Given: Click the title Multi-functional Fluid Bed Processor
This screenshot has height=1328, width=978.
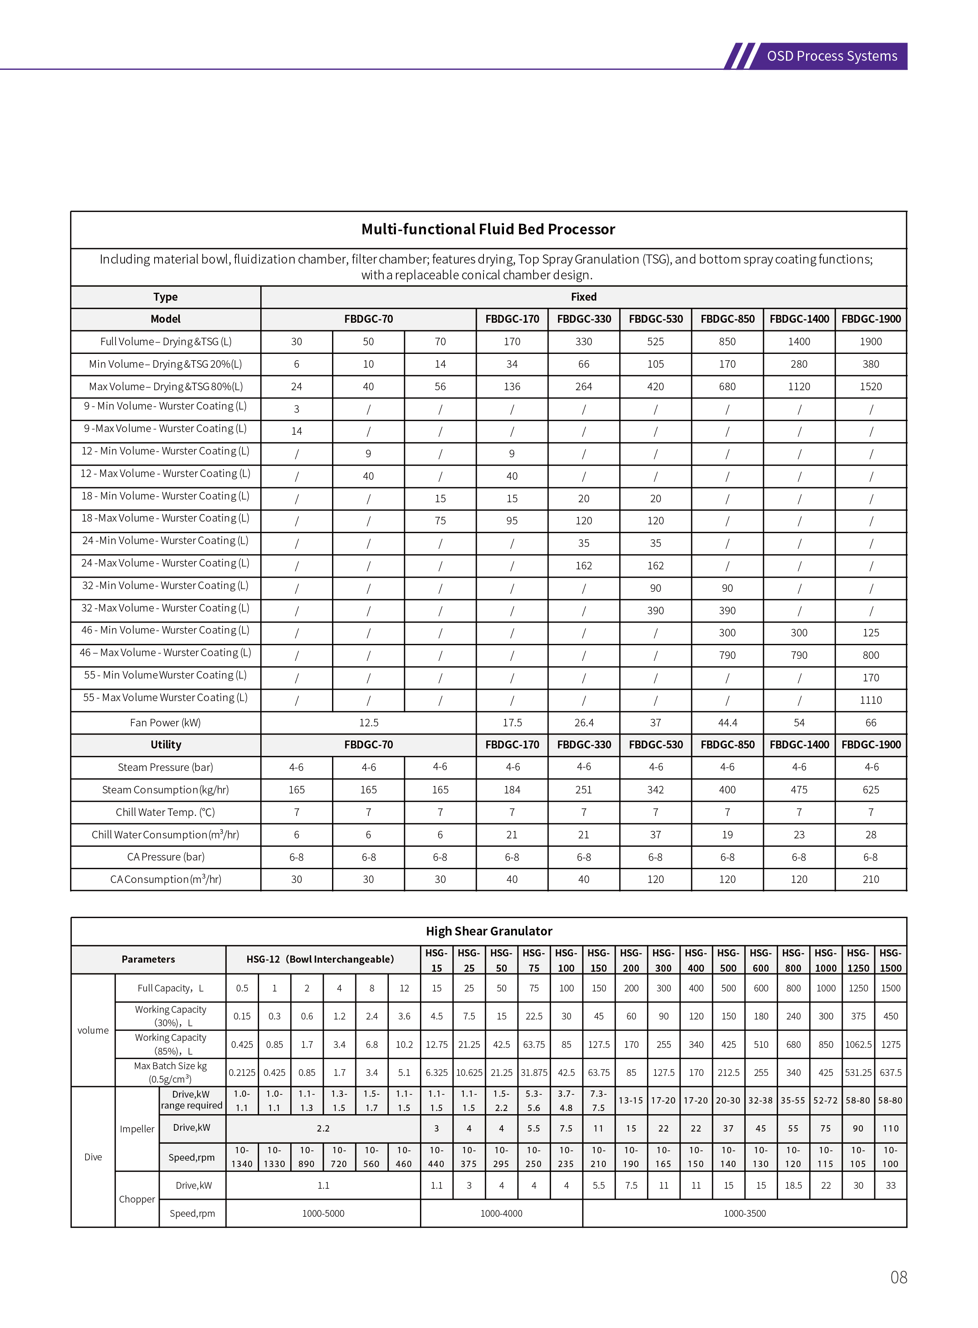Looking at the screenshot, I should point(488,229).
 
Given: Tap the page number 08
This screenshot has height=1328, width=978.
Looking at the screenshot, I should point(898,1277).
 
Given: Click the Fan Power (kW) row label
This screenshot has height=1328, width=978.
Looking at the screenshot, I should point(165,723).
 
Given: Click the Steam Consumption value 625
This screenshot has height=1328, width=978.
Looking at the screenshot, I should point(870,789).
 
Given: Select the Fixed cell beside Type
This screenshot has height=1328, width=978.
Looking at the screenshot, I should point(583,297).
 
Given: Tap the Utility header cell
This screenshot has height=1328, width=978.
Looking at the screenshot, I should point(165,744).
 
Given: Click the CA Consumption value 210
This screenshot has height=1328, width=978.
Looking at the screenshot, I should point(870,879).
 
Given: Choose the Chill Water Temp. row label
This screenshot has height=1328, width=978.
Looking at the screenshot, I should point(165,812).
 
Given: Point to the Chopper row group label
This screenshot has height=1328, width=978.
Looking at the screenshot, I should point(137,1199).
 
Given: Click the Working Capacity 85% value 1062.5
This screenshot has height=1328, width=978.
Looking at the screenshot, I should point(858,1044).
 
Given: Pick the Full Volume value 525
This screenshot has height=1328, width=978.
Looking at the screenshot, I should point(655,342).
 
